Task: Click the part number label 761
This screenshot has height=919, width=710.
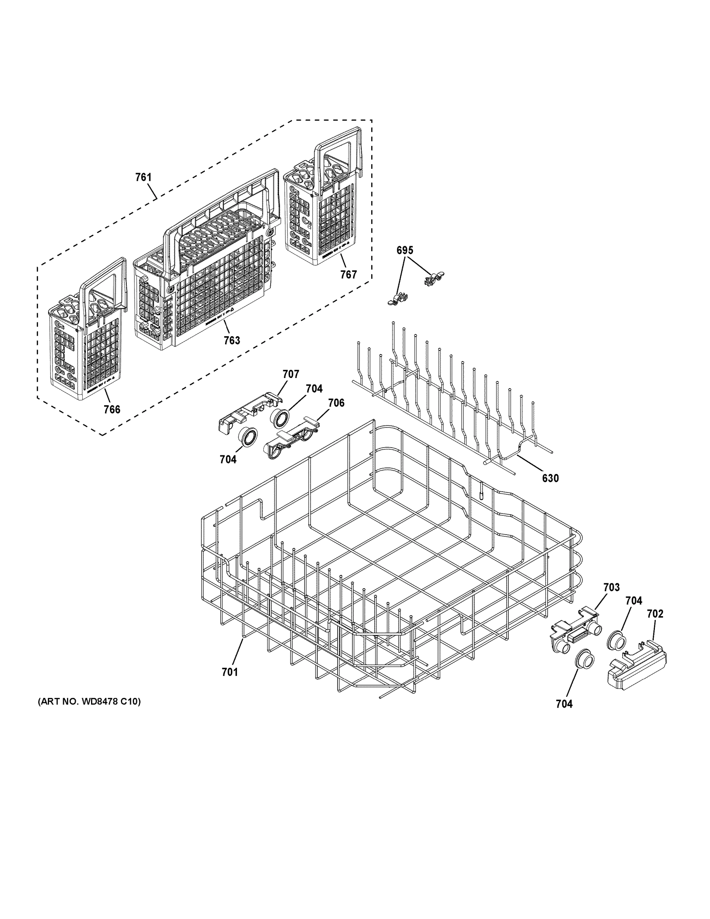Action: [143, 177]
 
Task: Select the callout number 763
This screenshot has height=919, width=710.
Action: [232, 340]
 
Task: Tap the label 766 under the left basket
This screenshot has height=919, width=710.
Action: [112, 409]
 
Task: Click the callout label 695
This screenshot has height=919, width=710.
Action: [405, 250]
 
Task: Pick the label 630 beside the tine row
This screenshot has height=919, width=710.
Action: [550, 478]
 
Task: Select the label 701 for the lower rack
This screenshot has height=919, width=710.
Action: [230, 672]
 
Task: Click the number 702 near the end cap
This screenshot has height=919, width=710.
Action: [655, 614]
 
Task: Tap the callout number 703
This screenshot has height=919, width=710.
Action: [612, 587]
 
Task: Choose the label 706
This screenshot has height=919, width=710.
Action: [336, 403]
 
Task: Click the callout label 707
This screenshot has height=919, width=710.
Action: [291, 374]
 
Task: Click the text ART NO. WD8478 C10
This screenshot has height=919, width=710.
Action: [89, 702]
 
